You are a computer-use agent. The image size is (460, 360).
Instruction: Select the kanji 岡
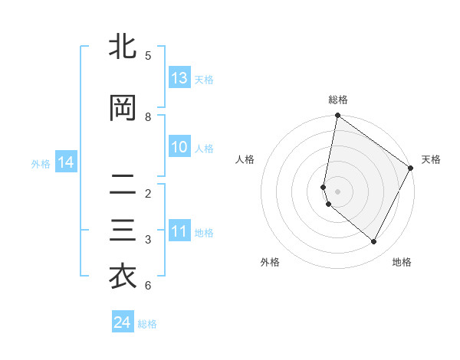(123, 109)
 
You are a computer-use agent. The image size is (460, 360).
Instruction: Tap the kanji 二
(123, 185)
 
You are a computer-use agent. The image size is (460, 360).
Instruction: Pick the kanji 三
(123, 231)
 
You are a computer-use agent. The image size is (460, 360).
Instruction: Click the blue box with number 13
(179, 78)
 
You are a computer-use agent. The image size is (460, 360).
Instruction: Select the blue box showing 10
(179, 147)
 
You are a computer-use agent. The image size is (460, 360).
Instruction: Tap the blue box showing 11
(179, 231)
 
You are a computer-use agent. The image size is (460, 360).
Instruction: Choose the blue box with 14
(65, 162)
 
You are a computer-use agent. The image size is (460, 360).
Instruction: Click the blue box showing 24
(123, 322)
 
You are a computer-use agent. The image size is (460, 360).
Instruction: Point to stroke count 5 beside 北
(148, 56)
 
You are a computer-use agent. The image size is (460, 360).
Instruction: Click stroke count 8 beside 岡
(148, 117)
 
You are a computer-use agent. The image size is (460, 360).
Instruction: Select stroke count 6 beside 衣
(148, 286)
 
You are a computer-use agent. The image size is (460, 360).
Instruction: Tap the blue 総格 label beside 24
(147, 324)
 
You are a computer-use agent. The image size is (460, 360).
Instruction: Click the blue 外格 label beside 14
(41, 163)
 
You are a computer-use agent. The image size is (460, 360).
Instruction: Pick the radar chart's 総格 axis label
(337, 100)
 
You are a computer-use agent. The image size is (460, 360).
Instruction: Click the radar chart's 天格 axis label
(431, 159)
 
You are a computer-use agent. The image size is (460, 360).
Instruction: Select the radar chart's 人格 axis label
(245, 159)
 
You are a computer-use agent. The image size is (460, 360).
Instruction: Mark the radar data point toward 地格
(373, 241)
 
